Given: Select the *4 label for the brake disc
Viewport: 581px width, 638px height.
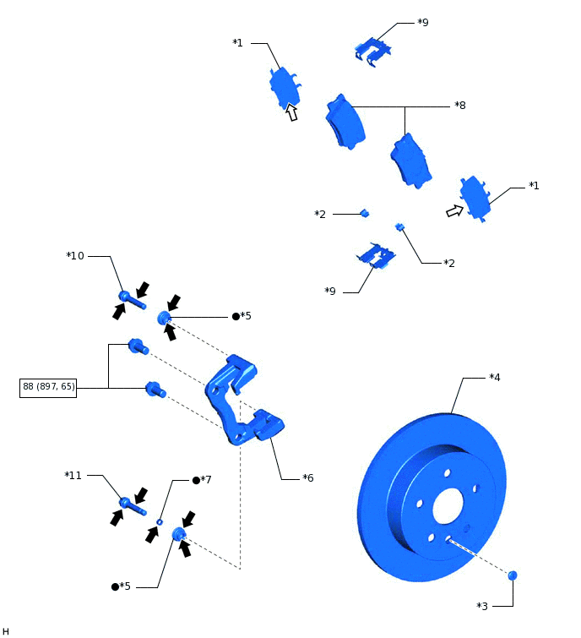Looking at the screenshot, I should (x=494, y=377).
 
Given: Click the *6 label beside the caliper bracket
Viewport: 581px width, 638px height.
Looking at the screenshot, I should (x=308, y=477).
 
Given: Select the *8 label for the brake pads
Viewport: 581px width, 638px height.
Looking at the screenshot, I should (x=459, y=106).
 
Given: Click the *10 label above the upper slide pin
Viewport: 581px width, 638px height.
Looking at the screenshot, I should (x=75, y=255).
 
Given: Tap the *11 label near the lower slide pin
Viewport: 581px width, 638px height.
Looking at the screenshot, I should (x=73, y=476).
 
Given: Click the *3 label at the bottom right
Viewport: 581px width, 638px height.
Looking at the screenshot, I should (x=482, y=606).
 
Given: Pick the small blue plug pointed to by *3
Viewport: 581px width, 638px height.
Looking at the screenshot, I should (x=512, y=575).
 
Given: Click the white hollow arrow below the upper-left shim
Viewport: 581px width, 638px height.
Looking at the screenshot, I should (x=292, y=112).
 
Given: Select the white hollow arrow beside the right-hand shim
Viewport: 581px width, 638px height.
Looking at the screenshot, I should (x=455, y=210).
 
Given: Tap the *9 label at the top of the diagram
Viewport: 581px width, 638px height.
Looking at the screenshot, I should (x=422, y=22).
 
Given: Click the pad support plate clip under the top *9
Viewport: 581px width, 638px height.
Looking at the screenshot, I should (x=371, y=50).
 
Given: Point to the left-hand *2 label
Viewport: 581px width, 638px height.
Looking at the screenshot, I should (x=320, y=215).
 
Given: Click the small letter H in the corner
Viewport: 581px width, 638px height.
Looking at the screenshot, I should (x=6, y=630).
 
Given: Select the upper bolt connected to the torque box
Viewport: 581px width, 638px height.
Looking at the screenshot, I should (x=138, y=346).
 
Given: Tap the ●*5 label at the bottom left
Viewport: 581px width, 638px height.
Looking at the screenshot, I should (x=122, y=586).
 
